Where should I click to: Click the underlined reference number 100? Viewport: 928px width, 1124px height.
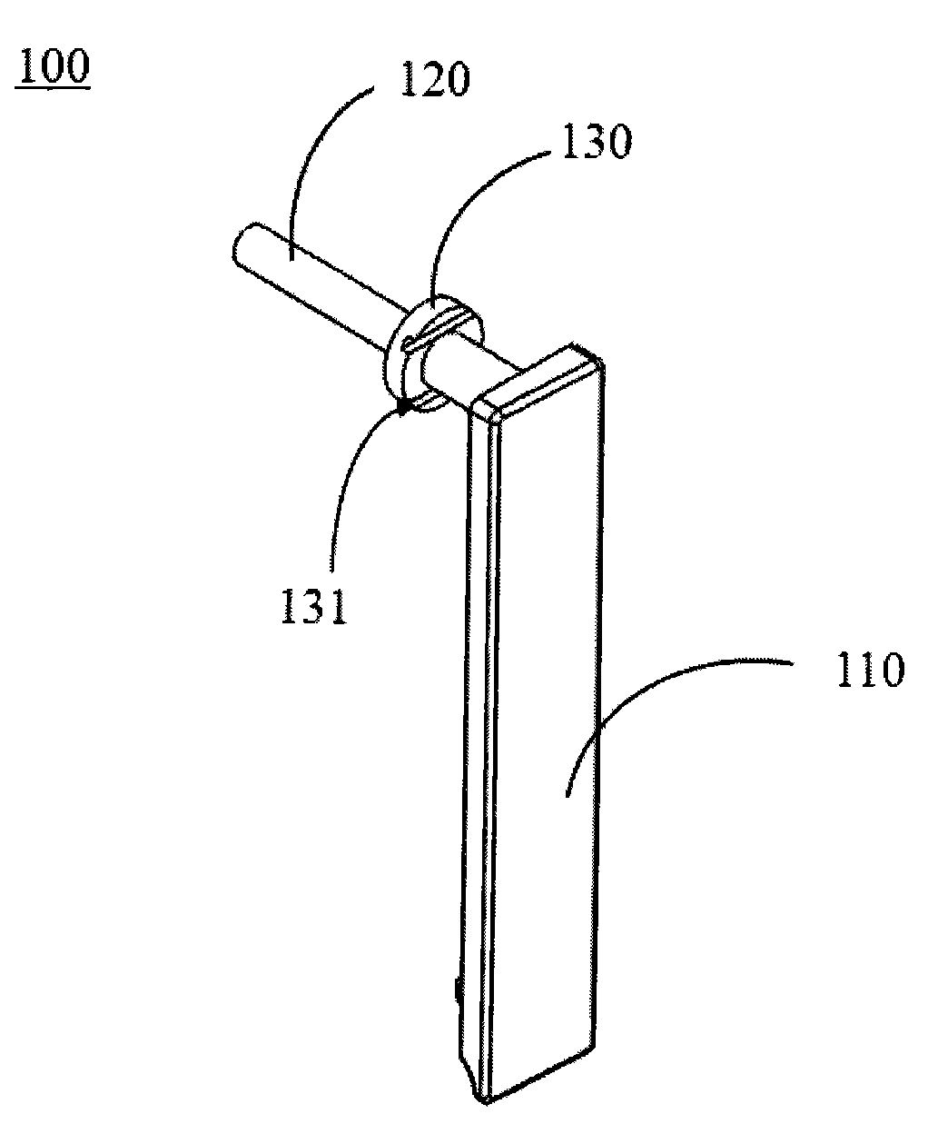[x=53, y=66]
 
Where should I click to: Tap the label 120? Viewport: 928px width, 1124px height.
[x=435, y=79]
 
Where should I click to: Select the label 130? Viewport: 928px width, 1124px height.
[x=597, y=141]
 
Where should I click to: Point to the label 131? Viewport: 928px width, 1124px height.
[x=313, y=605]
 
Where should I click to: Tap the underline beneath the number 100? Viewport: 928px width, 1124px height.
[x=53, y=86]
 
